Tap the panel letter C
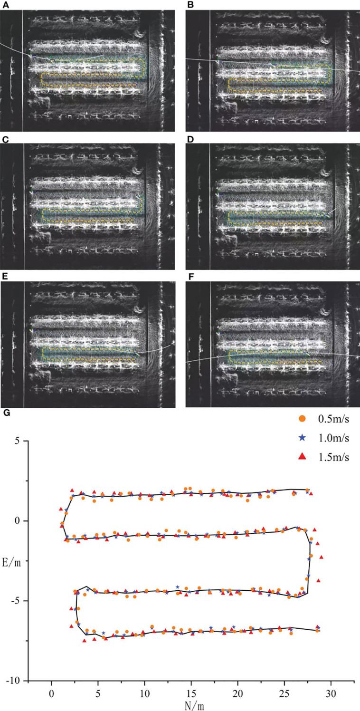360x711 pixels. coord(4,139)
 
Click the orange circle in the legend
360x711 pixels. coord(301,419)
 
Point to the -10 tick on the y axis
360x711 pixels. coord(14,681)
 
